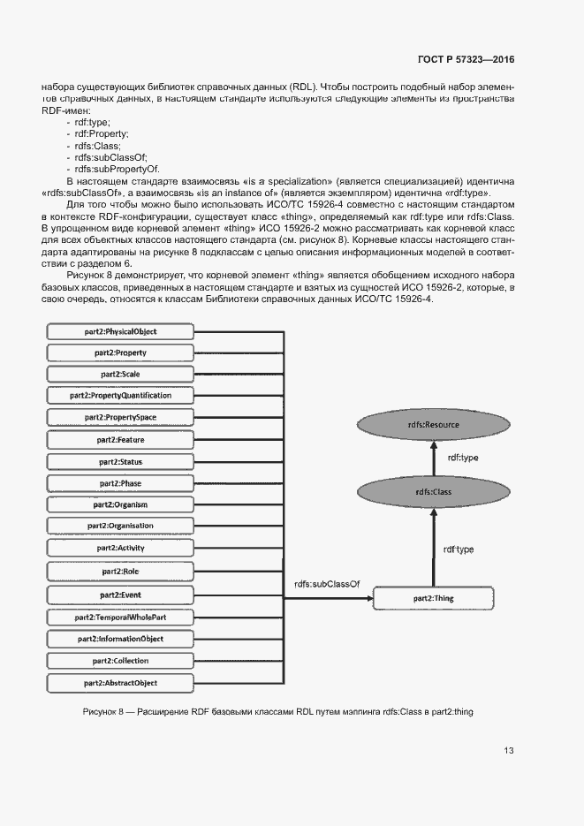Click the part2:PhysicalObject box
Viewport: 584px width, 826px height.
[118, 331]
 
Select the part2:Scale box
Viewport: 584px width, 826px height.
[118, 374]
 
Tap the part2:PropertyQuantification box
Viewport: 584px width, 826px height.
[118, 395]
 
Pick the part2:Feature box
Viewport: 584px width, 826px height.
[118, 439]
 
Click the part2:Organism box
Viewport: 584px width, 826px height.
[118, 504]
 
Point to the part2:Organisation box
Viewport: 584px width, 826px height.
[118, 527]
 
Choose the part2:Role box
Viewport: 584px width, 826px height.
[118, 572]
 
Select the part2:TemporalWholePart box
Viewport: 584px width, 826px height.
[118, 617]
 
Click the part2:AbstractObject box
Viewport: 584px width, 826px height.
[118, 683]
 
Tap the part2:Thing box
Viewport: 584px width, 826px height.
[432, 599]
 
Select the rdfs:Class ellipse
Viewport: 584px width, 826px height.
[432, 491]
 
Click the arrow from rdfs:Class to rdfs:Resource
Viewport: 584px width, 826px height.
[434, 458]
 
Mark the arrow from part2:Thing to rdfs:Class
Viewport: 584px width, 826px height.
[432, 549]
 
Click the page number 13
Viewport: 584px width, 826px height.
[509, 751]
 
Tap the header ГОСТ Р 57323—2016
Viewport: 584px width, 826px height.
[466, 59]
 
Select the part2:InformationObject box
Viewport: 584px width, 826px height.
[118, 639]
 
